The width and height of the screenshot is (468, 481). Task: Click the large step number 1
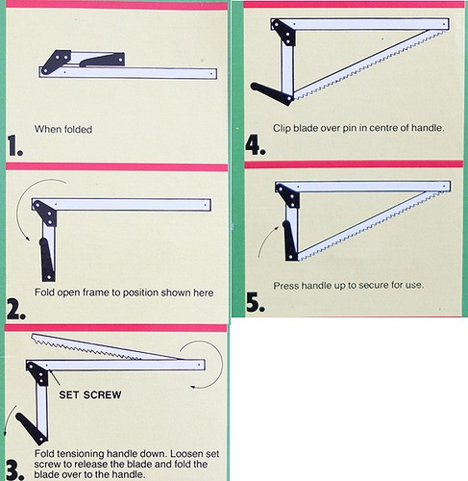point(15,145)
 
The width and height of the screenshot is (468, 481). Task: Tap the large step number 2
point(15,309)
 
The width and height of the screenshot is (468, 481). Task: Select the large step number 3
point(15,469)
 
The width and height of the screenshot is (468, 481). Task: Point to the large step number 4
point(256,144)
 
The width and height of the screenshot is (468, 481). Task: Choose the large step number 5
point(256,302)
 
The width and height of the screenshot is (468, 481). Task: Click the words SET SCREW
point(90,394)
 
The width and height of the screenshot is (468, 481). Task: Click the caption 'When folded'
point(63,129)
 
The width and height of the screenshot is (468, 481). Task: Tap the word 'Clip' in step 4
point(282,128)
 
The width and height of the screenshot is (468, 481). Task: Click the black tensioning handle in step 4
point(272,94)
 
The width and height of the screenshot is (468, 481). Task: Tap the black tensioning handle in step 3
point(32,429)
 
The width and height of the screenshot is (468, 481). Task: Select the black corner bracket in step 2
point(45,213)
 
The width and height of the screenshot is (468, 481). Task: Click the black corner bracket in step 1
point(55,62)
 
